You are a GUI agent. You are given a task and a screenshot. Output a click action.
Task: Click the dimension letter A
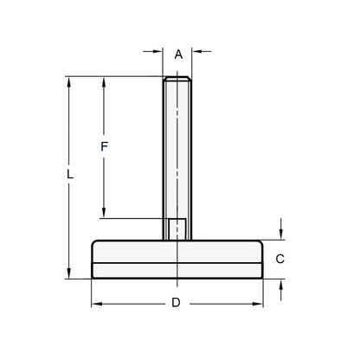[178, 55]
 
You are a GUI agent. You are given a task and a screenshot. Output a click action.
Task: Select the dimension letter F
[105, 146]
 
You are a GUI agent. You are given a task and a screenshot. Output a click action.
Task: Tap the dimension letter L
[69, 173]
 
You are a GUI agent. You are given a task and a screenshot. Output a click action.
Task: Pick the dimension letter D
[176, 303]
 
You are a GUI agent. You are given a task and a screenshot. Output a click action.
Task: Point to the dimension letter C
[280, 259]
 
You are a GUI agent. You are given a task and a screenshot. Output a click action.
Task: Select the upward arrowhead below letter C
[282, 283]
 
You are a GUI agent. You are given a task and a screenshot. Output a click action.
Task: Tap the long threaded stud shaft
[177, 147]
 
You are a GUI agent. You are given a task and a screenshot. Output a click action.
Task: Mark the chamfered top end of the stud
[177, 80]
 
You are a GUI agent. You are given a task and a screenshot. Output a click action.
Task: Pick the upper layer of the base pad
[177, 251]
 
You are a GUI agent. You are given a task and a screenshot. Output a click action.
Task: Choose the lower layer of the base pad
[177, 270]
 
